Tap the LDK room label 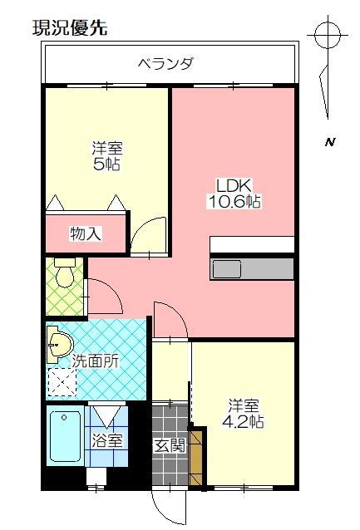coord(234,184)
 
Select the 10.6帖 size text coord(234,201)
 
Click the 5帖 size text coord(107,164)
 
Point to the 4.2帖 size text coord(246,422)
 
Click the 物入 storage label coord(86,233)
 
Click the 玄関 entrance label coord(169,444)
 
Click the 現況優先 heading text coord(70,28)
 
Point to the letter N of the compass coord(329,142)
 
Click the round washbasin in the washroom coord(59,344)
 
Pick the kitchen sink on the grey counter coord(227,269)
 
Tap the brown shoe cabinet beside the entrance coord(197,456)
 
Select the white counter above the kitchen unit coord(252,244)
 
